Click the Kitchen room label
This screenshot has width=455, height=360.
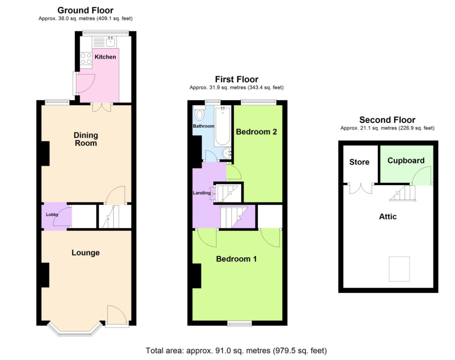(x=105, y=57)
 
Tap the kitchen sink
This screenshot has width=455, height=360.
(x=110, y=42)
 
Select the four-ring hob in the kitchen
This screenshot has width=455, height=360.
(x=86, y=58)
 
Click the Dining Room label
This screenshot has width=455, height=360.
(x=86, y=139)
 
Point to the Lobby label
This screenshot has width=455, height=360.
(x=52, y=215)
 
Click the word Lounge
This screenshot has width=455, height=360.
(x=86, y=253)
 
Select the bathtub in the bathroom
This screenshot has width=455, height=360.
(x=222, y=126)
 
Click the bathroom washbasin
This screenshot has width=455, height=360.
(x=227, y=153)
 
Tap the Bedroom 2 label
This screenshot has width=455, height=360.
(x=256, y=132)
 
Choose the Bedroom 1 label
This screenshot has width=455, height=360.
(x=237, y=259)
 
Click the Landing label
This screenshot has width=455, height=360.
(x=202, y=193)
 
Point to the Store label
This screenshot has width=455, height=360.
(x=359, y=162)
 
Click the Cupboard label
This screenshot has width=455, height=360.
(x=406, y=161)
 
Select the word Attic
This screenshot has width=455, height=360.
(x=388, y=217)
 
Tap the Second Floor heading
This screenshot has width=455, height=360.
(x=387, y=120)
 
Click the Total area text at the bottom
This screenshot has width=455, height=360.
(x=236, y=351)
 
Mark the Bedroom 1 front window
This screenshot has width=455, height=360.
(x=239, y=323)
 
